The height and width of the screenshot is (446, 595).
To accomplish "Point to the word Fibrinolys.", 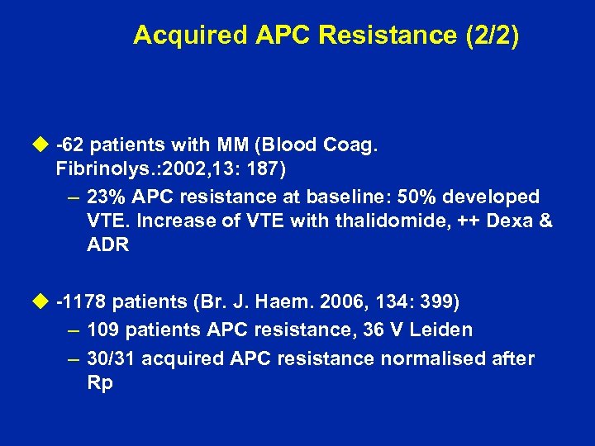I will (x=98, y=171).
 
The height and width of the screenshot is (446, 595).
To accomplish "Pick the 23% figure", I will (x=107, y=197).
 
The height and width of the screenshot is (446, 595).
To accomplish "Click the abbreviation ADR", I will (x=107, y=246).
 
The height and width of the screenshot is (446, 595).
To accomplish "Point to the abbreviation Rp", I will (x=99, y=384).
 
